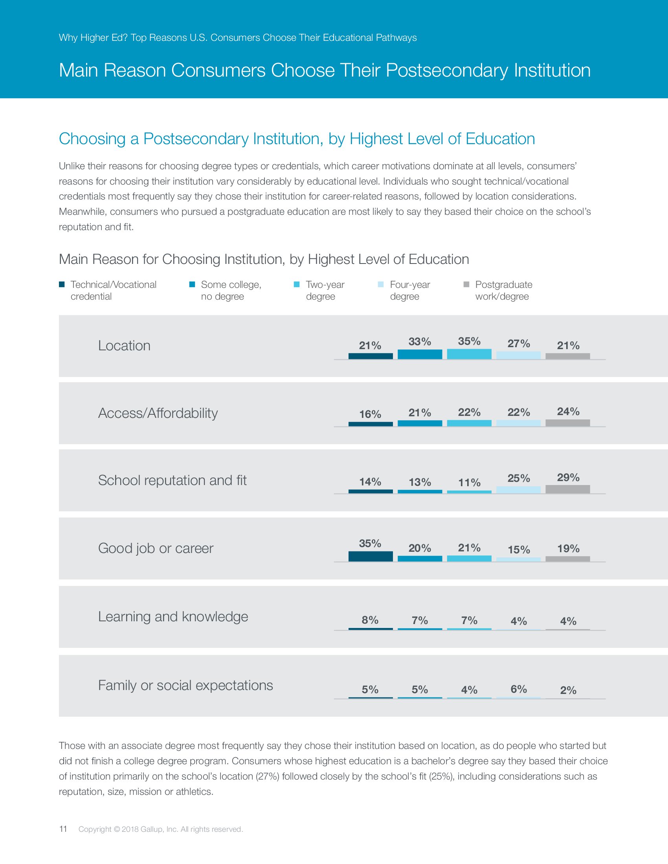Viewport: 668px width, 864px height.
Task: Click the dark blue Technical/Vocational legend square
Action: [x=62, y=284]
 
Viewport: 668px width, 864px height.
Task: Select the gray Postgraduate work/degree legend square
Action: [x=466, y=284]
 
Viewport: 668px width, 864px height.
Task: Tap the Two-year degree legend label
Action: [x=325, y=290]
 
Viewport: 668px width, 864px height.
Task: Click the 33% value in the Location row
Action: [x=420, y=341]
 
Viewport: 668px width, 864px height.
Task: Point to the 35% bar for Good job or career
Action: [x=371, y=556]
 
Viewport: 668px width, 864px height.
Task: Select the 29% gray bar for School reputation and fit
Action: [x=567, y=489]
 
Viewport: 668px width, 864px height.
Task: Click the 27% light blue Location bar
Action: [x=518, y=355]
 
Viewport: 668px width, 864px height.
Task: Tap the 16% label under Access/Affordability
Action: [x=370, y=414]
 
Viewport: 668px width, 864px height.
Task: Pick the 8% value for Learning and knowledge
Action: [x=370, y=620]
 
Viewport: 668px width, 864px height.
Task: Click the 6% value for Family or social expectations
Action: [x=518, y=689]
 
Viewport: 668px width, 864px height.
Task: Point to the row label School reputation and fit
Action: [x=172, y=480]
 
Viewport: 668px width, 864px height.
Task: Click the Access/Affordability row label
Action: [x=158, y=413]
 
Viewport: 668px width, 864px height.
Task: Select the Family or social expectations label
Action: [x=185, y=685]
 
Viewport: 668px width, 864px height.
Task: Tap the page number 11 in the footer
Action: [x=63, y=829]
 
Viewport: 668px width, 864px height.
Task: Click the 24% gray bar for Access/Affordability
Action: [x=567, y=423]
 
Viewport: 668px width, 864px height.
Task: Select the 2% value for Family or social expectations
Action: [x=568, y=690]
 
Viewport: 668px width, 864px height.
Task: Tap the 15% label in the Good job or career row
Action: [x=518, y=549]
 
